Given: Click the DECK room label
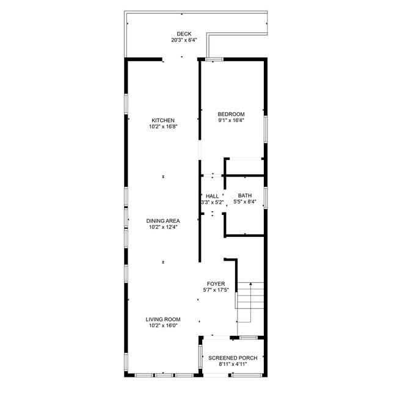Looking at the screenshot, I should [184, 34].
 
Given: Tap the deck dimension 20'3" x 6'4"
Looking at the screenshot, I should [184, 40].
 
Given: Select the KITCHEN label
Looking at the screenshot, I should [163, 120].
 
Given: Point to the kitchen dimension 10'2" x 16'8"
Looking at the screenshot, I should [163, 127].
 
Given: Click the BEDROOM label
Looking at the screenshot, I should [231, 114].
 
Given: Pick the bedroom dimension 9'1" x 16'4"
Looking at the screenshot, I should [231, 121].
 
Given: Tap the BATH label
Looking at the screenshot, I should [244, 195].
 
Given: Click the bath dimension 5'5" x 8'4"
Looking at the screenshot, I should [244, 202].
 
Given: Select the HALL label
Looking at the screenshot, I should [212, 195].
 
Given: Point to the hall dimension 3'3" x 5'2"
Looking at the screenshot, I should [212, 202].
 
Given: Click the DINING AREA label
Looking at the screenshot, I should [163, 220].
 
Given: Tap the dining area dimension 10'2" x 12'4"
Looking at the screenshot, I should [163, 227].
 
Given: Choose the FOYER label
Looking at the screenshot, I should [216, 284].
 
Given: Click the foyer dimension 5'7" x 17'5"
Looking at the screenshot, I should [216, 291].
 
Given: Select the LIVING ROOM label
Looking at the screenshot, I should [163, 319].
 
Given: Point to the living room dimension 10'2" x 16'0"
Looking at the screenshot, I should [163, 326].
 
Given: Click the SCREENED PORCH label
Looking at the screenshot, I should [232, 358].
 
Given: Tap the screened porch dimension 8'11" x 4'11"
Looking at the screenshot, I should [232, 365].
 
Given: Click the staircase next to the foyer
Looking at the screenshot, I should [250, 302].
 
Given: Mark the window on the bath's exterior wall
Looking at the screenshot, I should [265, 198].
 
